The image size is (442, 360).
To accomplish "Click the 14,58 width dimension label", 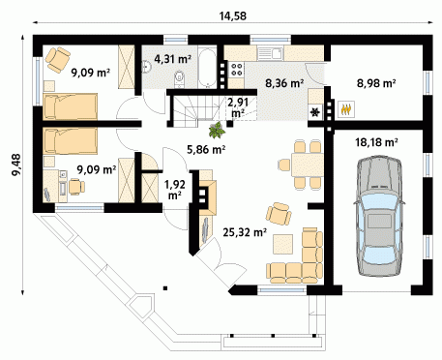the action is [233, 15].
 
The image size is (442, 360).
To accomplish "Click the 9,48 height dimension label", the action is [15, 165].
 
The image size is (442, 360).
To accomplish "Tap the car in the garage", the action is [378, 216].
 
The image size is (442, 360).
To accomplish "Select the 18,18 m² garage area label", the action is [376, 142].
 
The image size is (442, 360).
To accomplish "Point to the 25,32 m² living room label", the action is [245, 231].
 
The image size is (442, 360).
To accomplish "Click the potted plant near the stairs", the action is [217, 130].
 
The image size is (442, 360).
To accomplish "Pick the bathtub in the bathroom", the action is [207, 68].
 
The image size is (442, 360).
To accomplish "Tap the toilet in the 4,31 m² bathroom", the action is [179, 79].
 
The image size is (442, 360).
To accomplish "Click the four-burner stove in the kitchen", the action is [237, 70].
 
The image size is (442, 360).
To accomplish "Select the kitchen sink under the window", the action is [270, 53].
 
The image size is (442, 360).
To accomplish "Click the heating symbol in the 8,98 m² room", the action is [346, 109].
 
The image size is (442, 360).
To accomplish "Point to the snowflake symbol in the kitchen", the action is [314, 112].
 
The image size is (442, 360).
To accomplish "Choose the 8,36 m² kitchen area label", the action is [284, 83].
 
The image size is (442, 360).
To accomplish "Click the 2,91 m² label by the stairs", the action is [238, 107].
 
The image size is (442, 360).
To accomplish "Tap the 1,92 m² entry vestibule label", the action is [175, 190].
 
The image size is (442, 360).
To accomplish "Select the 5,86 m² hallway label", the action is [206, 149].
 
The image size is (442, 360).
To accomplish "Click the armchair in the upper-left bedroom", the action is [58, 60].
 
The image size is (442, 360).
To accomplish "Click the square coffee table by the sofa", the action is [283, 244].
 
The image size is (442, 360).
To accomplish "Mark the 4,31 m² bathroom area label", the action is [173, 59].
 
